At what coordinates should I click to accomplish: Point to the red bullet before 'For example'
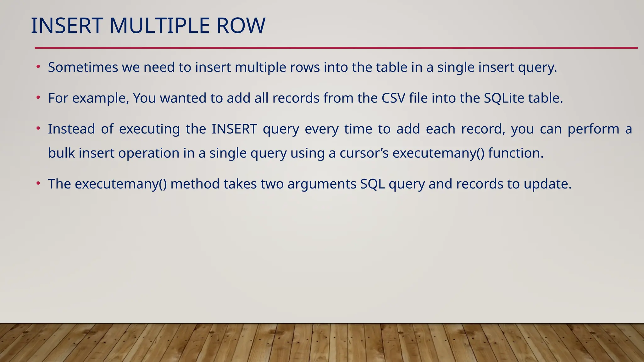coord(38,97)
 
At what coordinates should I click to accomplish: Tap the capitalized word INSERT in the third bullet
coord(234,129)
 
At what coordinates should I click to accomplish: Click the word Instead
coord(71,129)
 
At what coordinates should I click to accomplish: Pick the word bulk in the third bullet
coord(61,153)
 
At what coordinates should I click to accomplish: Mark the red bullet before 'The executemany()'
coord(38,183)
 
